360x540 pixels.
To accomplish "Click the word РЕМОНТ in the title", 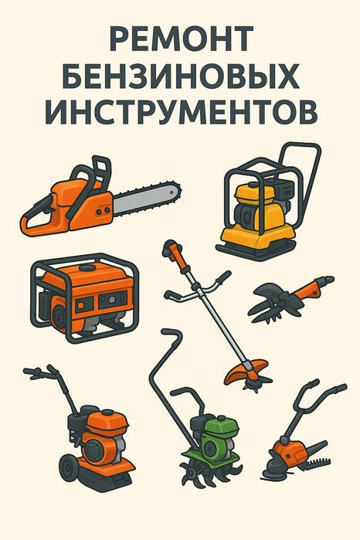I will coord(180,39).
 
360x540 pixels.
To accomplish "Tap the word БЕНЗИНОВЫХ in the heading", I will coord(180,76).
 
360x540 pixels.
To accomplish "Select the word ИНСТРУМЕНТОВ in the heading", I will coord(180,113).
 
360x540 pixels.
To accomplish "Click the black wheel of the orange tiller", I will coord(69,467).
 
